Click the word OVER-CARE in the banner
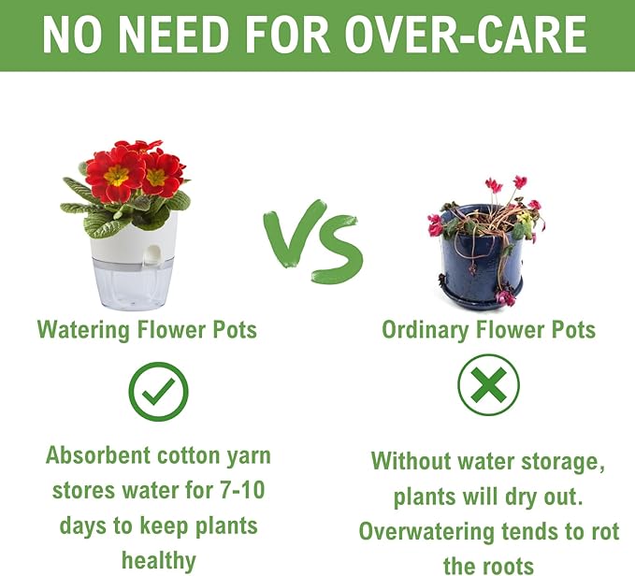pos(466,34)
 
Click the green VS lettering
pos(312,241)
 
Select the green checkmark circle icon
pos(158,392)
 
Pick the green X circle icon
pos(488,384)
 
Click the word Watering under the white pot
pos(83,329)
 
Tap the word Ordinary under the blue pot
pos(426,329)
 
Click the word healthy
pos(159,561)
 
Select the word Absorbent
pos(98,455)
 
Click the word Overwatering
pos(426,531)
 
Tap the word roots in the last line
pos(510,566)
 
